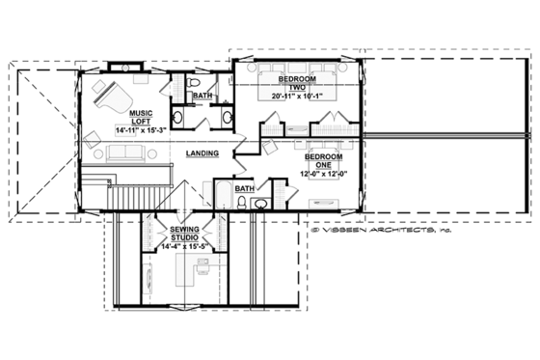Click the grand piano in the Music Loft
[107, 96]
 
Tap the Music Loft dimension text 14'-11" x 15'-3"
[141, 128]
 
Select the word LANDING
[200, 153]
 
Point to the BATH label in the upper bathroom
[202, 97]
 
